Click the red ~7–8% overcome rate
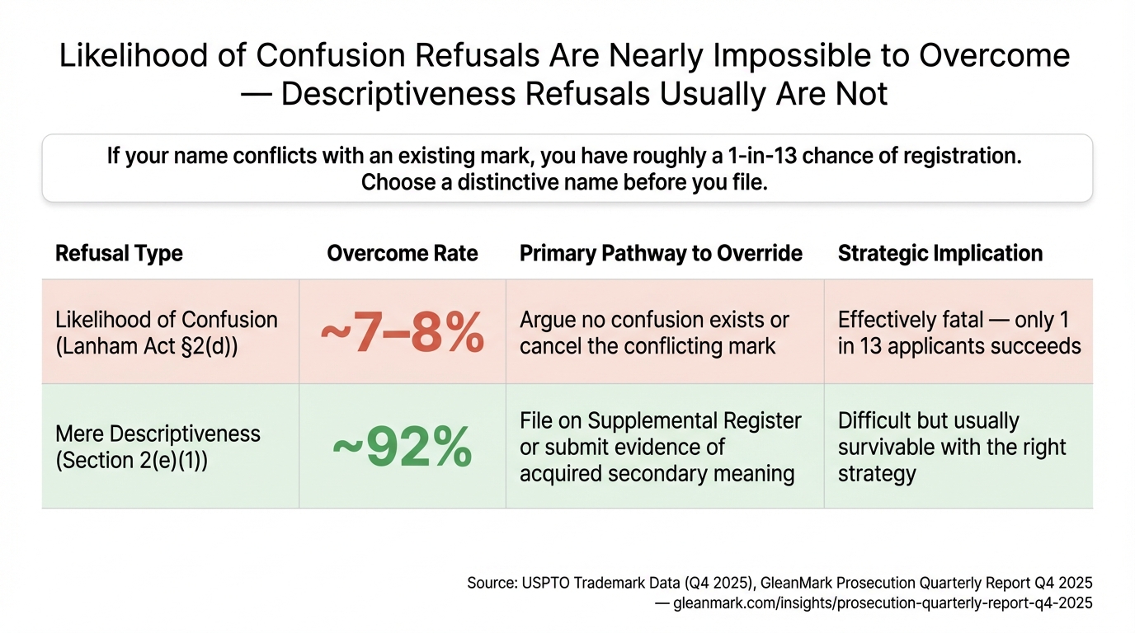(402, 332)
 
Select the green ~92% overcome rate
(402, 447)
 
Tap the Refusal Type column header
(119, 253)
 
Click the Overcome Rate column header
(402, 253)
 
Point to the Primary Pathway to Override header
(661, 253)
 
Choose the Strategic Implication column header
(940, 253)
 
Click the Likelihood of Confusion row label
(166, 320)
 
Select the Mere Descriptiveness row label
(158, 434)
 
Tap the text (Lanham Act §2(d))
(147, 346)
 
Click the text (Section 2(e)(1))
(131, 461)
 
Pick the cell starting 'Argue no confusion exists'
(654, 332)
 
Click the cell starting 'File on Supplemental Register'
(660, 447)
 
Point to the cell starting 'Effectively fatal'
(958, 332)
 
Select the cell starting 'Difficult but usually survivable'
(952, 447)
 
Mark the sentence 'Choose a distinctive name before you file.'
(564, 182)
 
